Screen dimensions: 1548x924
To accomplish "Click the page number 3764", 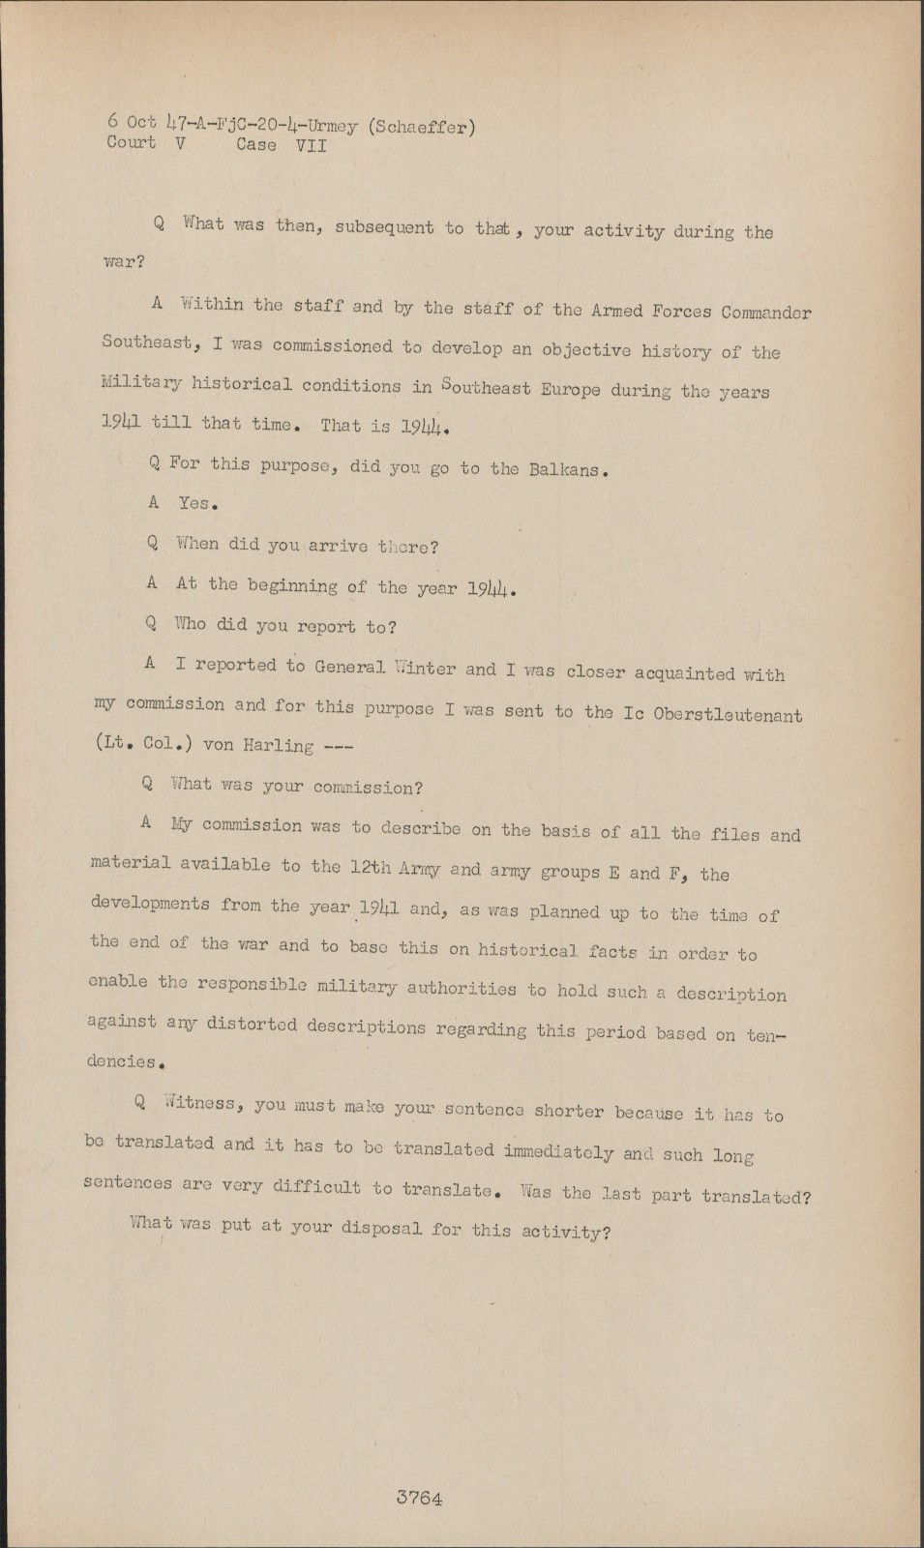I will [x=419, y=1499].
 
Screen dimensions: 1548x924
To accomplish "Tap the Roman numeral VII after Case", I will [x=311, y=146].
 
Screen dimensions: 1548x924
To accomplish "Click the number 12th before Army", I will [x=370, y=868].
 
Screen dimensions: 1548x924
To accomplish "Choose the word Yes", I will [x=197, y=503].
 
